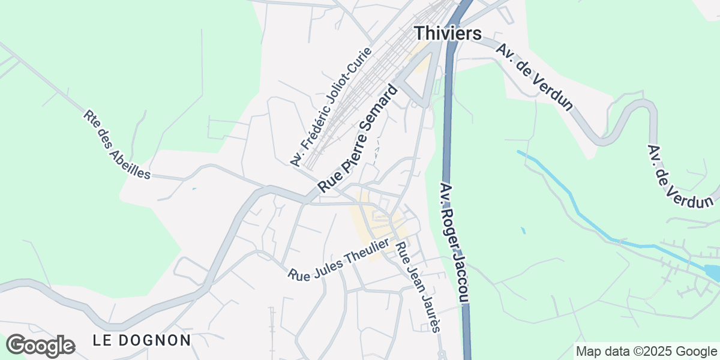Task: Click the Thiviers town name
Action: [x=448, y=33]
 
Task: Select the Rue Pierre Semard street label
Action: [x=358, y=139]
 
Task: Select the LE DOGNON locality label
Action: [x=142, y=340]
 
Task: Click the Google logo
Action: [x=40, y=346]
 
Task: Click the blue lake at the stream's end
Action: [x=713, y=272]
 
